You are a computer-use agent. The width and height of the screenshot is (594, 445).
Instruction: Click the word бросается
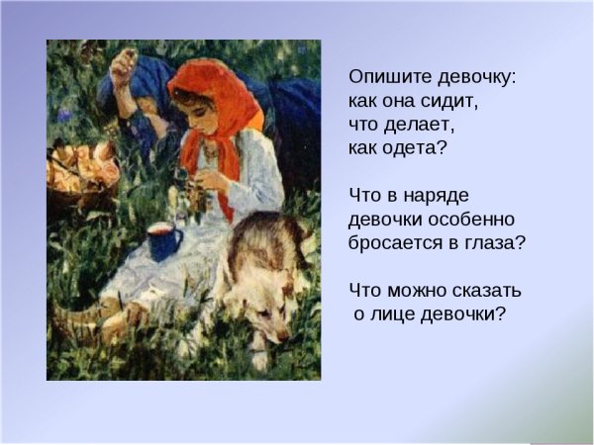[398, 243]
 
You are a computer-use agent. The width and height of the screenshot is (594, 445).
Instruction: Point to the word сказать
[485, 291]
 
